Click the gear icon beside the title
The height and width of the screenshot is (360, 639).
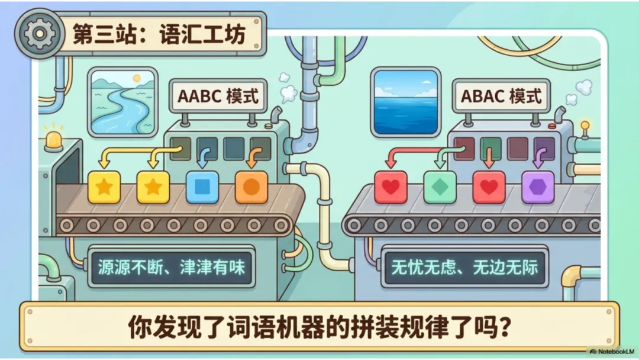[x=38, y=33]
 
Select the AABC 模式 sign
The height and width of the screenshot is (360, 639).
[x=218, y=95]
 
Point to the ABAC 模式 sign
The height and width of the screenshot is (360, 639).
[x=501, y=95]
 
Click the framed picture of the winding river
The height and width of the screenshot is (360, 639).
[x=122, y=102]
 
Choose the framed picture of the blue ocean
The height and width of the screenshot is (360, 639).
[x=406, y=102]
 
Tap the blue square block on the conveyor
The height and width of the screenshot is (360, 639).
[x=202, y=187]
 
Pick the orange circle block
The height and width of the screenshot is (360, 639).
[x=251, y=187]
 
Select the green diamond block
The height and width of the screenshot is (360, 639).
[x=440, y=187]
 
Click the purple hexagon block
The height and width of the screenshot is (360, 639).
[x=537, y=187]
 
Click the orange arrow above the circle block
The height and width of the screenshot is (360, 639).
[x=253, y=157]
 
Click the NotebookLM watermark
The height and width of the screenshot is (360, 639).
[x=611, y=352]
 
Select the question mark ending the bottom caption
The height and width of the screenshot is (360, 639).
[x=504, y=327]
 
